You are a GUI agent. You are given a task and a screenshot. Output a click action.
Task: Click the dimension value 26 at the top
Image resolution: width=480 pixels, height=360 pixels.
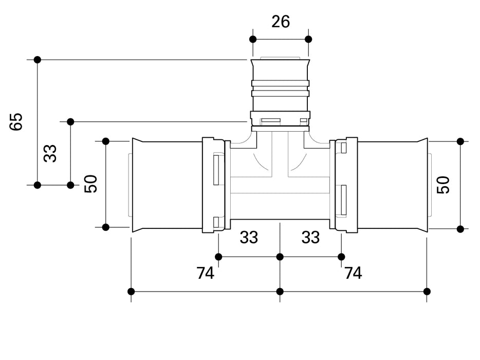[x=280, y=22]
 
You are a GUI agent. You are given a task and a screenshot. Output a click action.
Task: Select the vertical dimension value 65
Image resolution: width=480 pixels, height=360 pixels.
[x=17, y=122]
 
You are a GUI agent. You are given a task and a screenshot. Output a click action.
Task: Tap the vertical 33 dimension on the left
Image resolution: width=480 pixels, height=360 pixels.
[x=50, y=153]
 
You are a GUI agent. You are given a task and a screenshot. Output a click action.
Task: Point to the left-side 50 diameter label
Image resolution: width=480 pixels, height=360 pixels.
[x=91, y=184]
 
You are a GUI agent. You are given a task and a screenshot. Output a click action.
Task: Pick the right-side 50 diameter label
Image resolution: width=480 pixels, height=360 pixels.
[x=444, y=185]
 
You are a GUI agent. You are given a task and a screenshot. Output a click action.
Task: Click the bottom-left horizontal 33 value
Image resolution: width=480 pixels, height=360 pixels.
[x=249, y=238]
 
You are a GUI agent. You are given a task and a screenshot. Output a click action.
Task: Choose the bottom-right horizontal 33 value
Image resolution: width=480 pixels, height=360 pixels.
[x=310, y=238]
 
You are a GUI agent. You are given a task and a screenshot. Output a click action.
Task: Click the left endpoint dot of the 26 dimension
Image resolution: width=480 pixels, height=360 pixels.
[x=252, y=39]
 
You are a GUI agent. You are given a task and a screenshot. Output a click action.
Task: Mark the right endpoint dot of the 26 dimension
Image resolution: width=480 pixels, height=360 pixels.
[x=308, y=39]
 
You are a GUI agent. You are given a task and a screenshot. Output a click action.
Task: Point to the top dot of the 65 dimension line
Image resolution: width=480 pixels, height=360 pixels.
[x=37, y=60]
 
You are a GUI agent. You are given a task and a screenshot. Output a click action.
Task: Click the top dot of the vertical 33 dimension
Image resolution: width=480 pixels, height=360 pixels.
[x=70, y=122]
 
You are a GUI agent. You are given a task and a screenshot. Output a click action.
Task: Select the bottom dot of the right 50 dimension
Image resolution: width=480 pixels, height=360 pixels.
[x=460, y=229]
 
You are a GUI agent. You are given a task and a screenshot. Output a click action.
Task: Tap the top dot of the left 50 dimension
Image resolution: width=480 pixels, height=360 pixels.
[x=106, y=141]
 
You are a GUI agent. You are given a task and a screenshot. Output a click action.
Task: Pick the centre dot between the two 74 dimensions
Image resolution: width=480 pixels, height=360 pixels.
[x=280, y=292]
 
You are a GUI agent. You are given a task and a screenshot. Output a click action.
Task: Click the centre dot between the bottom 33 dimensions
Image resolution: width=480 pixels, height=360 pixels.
[x=280, y=257]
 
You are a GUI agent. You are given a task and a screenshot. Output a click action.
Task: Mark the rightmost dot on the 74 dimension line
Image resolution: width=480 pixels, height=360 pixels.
[x=427, y=292]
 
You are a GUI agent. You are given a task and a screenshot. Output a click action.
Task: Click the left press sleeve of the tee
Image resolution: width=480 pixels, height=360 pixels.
[x=167, y=185]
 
